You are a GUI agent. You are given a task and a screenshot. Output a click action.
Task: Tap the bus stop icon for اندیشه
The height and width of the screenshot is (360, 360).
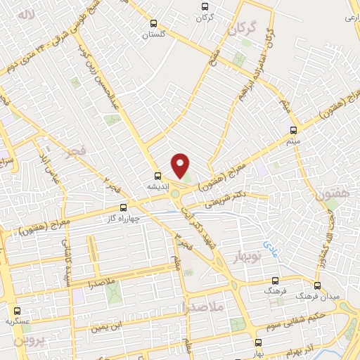point(158,176)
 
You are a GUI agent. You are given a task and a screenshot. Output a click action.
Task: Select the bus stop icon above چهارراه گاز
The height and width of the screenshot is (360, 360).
point(124,207)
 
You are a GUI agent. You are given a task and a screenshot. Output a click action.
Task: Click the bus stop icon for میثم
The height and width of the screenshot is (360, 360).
point(293,130)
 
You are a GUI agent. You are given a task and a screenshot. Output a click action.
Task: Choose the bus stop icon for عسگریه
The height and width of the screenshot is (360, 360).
point(16,310)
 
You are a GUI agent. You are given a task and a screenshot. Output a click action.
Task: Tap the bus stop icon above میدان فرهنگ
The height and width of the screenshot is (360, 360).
point(317,285)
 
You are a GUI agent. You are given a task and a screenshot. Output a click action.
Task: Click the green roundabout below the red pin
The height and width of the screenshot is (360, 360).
point(175,195)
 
